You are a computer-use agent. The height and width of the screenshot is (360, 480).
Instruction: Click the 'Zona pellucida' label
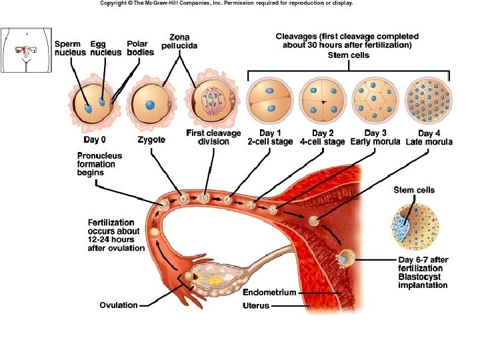coord(179,40)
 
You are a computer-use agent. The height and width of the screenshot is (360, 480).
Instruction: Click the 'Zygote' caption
coord(151,140)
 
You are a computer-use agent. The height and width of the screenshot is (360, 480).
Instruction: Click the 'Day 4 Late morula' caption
coord(429,137)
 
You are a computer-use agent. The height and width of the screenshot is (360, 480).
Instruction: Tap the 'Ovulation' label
coord(119,305)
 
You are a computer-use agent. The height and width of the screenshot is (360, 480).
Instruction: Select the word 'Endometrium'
coord(269,293)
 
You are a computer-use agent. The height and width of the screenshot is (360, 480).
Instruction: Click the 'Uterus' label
coord(256,306)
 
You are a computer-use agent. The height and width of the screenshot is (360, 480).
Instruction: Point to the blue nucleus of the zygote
coord(151,104)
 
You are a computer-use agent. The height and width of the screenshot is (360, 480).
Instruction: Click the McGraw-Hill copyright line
coord(226,3)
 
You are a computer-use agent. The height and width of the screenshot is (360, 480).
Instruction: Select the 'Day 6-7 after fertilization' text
coord(423,263)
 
